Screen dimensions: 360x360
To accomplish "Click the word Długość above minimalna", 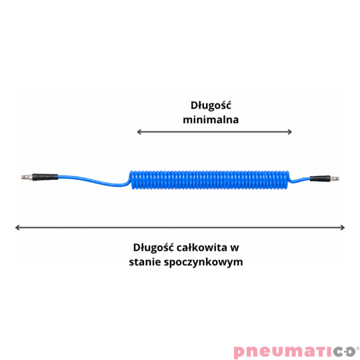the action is point(211,106).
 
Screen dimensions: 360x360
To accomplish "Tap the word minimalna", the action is point(211,120).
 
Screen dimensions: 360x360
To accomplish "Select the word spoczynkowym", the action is point(203,263).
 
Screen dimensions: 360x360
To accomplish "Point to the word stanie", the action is point(145,262).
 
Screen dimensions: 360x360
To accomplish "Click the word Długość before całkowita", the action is point(153,248).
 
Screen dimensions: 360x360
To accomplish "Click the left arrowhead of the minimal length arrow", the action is point(139,132).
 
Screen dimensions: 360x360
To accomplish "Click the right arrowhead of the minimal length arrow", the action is point(290,132).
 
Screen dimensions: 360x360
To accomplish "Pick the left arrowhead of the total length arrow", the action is point(17,227).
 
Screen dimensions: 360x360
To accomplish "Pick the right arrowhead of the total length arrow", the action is point(343,227).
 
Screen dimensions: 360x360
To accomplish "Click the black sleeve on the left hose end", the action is point(45,177).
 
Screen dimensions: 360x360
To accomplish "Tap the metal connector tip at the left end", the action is point(27,177).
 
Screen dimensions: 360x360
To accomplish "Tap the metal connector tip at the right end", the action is point(335,178).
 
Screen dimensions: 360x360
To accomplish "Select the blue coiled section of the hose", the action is point(209,180).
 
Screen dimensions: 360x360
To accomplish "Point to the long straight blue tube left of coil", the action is point(93,181).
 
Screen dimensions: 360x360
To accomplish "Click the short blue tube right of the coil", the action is point(300,180).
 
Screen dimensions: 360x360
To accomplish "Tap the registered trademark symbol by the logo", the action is point(358,348).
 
